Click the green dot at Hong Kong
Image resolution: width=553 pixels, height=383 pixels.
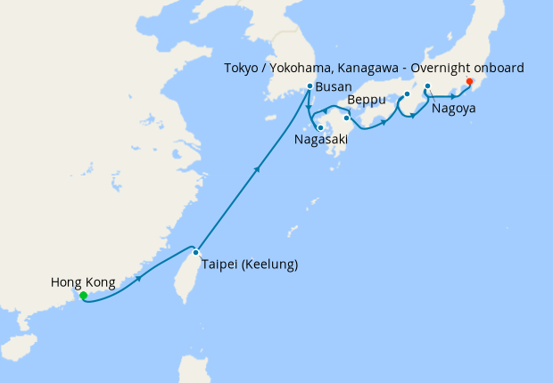coord(82,295)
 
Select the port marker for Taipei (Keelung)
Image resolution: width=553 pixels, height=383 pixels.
coord(195,252)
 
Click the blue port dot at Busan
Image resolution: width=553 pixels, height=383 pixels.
coord(309,86)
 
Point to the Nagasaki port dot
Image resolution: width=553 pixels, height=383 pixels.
coord(319,126)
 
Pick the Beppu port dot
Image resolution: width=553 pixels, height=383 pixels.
coord(346,117)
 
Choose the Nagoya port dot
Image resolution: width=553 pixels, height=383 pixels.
coord(427,86)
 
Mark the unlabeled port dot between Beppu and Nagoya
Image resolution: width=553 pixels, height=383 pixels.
coord(407,94)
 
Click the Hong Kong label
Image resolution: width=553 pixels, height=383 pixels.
coord(83,282)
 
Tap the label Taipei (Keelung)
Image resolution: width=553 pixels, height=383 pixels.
coord(249,265)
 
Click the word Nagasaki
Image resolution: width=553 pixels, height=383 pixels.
coord(321,140)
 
